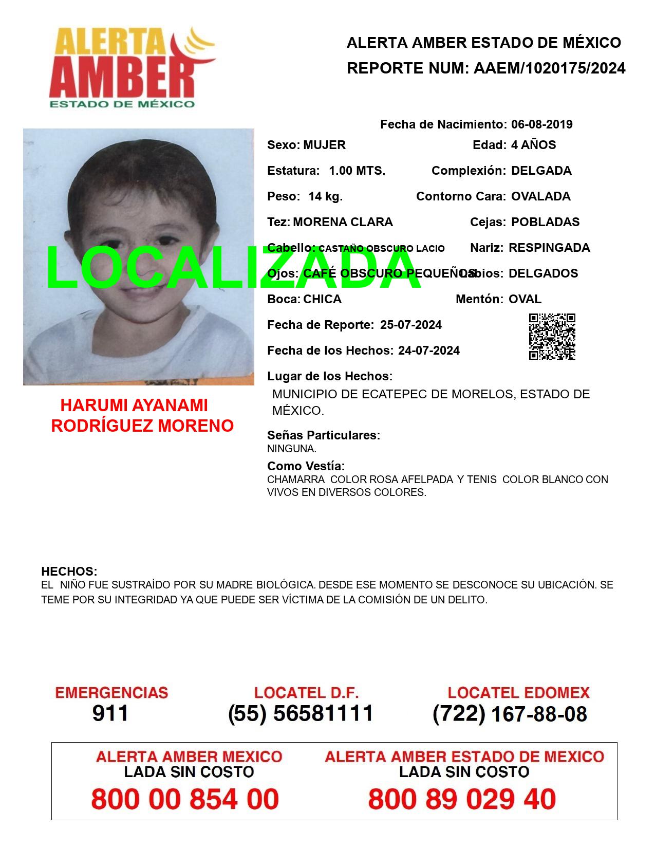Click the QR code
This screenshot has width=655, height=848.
552,337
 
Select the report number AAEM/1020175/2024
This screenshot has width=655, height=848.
549,68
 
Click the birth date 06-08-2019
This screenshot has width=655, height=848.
541,124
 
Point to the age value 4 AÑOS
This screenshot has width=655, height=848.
533,145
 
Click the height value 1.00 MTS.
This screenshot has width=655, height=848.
357,171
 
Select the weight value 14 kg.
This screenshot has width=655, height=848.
326,196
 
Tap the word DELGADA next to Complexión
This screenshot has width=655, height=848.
541,171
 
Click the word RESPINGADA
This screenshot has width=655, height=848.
549,248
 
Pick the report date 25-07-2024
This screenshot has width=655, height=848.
410,325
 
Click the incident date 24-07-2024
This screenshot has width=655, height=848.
428,351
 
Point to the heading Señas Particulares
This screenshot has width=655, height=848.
324,435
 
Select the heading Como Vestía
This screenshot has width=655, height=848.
306,466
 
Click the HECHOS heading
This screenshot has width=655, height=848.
69,572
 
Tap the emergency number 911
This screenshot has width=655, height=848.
110,713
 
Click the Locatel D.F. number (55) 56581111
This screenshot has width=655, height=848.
301,713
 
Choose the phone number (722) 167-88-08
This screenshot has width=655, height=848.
510,714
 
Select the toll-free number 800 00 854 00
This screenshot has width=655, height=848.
185,799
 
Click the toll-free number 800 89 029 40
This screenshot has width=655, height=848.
462,799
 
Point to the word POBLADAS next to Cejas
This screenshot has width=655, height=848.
545,222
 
